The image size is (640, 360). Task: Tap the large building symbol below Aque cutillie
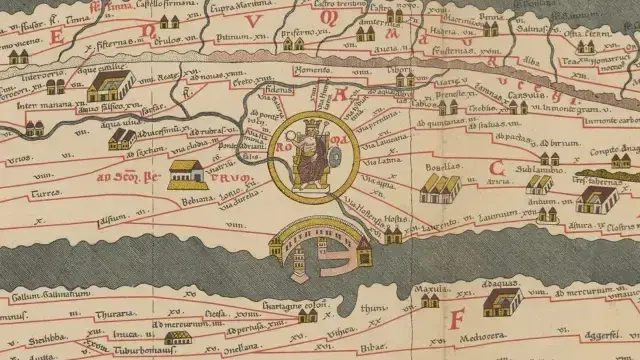click(109, 91)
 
